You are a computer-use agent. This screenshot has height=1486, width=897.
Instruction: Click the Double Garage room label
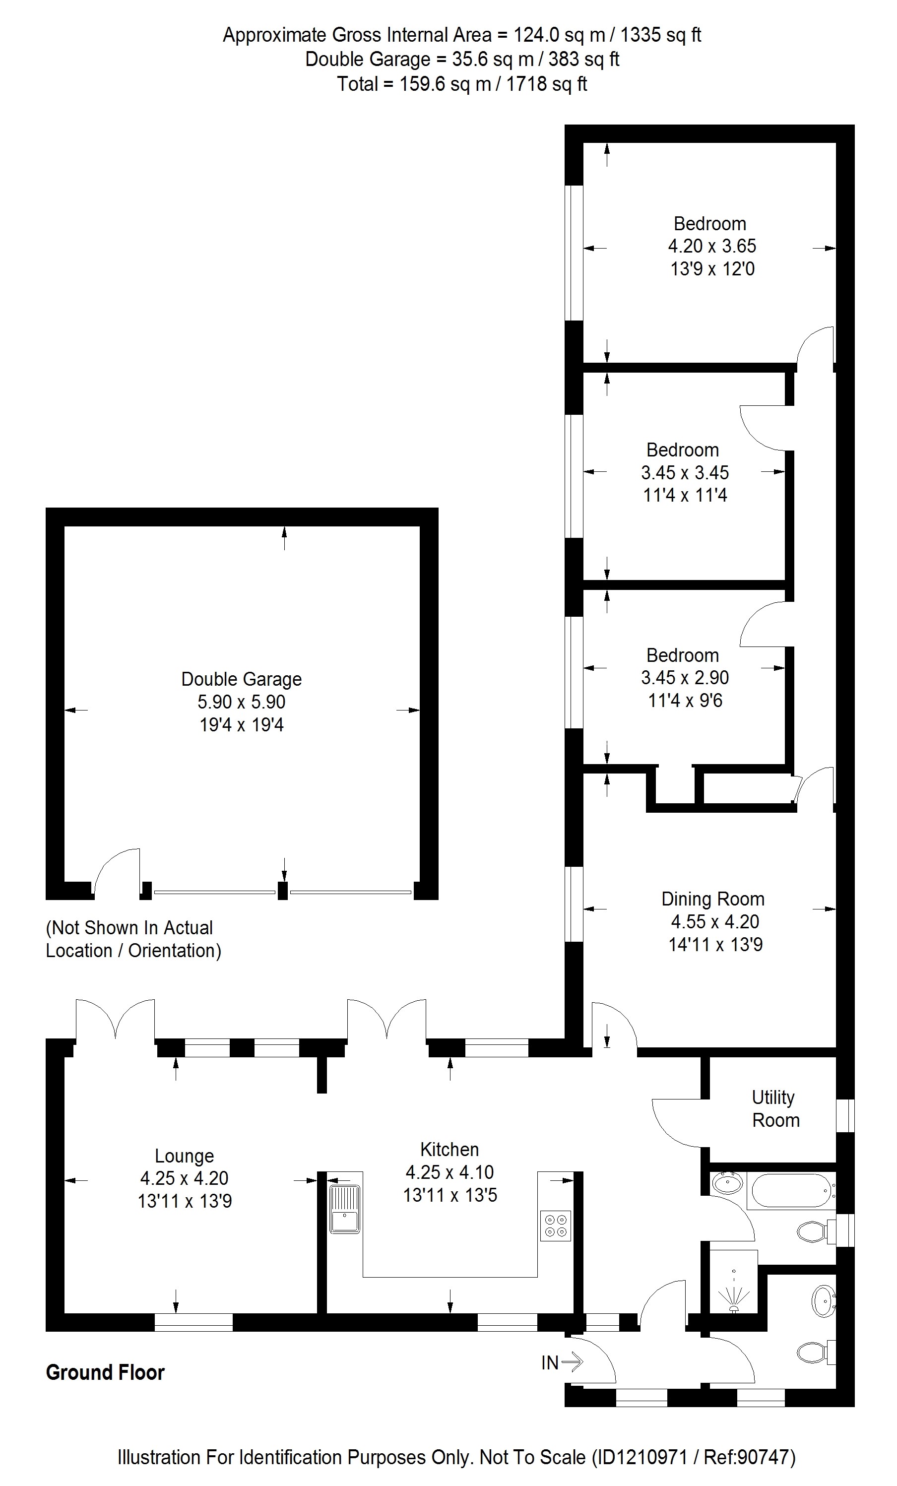pos(241,680)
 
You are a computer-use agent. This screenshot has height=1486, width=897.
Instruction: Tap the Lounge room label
pos(185,1156)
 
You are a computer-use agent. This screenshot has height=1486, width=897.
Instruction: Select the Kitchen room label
pos(449,1150)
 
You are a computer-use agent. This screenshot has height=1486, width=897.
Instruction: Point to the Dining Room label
pos(713,899)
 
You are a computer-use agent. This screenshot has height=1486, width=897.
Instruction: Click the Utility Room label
pos(774,1108)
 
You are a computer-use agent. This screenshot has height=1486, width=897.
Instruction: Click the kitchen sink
pos(345,1209)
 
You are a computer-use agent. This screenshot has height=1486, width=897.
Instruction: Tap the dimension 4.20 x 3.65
pos(712,246)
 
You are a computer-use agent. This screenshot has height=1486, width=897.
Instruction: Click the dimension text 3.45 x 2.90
pos(685,678)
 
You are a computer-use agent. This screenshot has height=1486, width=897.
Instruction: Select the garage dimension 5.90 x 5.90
pos(241,702)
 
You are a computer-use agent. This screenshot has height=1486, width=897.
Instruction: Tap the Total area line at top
pos(461,84)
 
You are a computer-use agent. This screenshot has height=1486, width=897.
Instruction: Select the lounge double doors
pos(115,1019)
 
